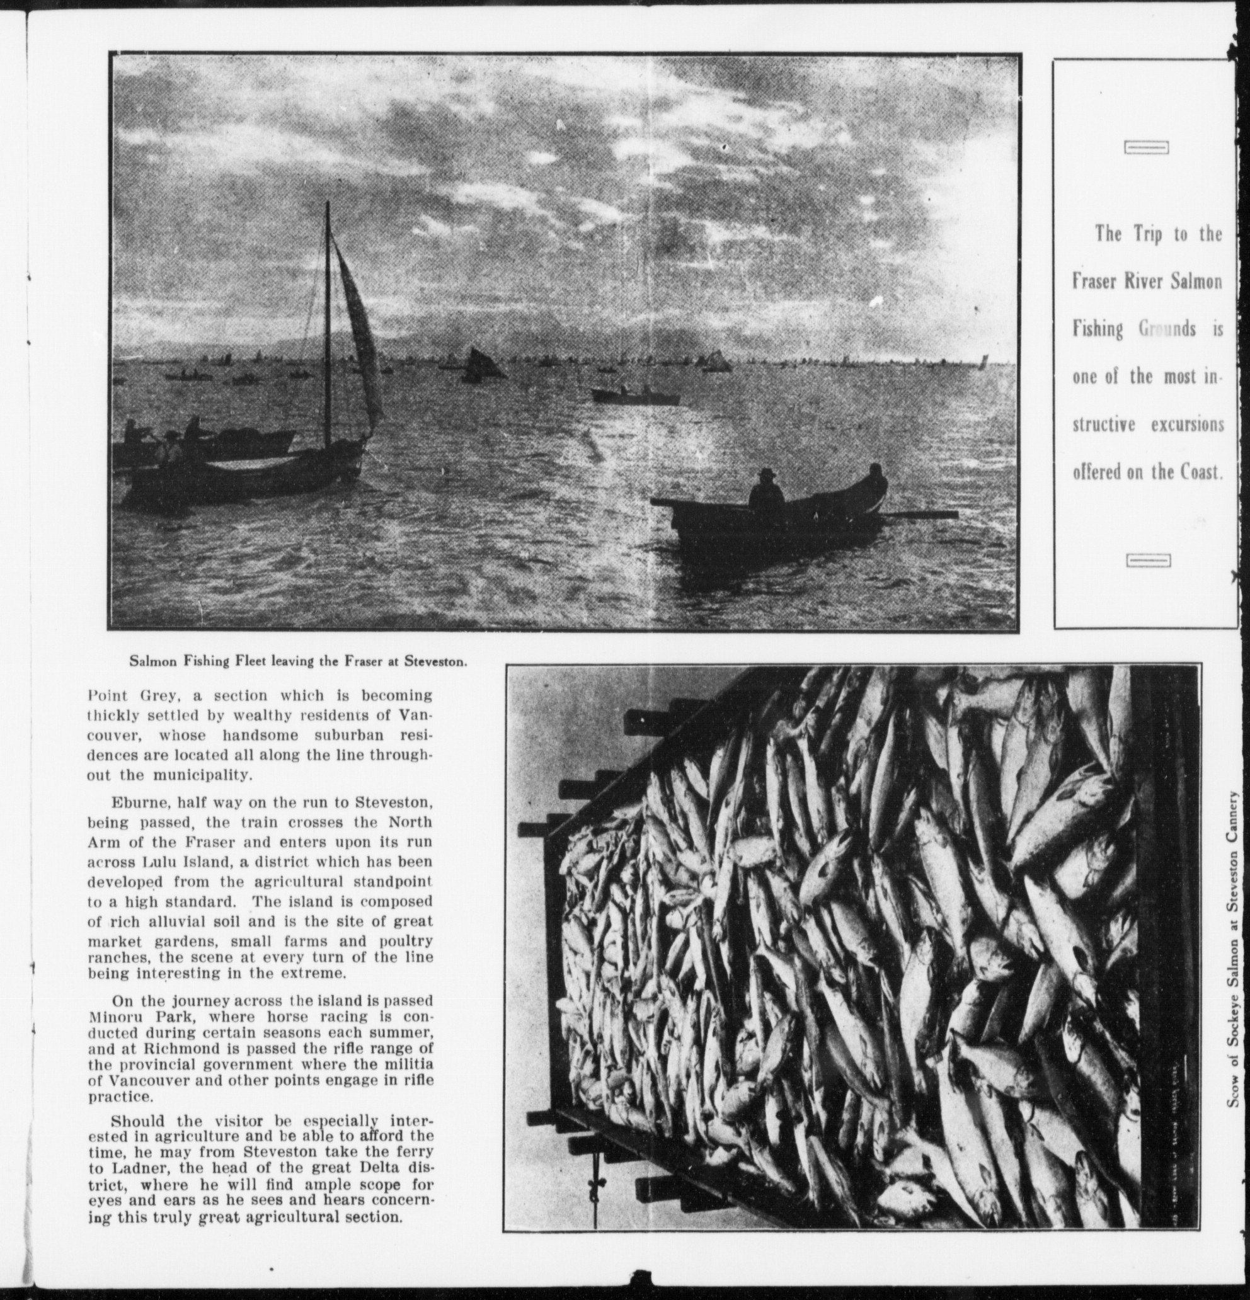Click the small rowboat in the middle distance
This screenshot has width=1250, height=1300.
[635, 396]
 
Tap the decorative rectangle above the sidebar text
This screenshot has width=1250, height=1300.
[1146, 148]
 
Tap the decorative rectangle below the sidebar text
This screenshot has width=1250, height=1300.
[1148, 561]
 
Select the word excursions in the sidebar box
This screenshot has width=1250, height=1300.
[1187, 425]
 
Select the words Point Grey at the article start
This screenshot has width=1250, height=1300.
[130, 696]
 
